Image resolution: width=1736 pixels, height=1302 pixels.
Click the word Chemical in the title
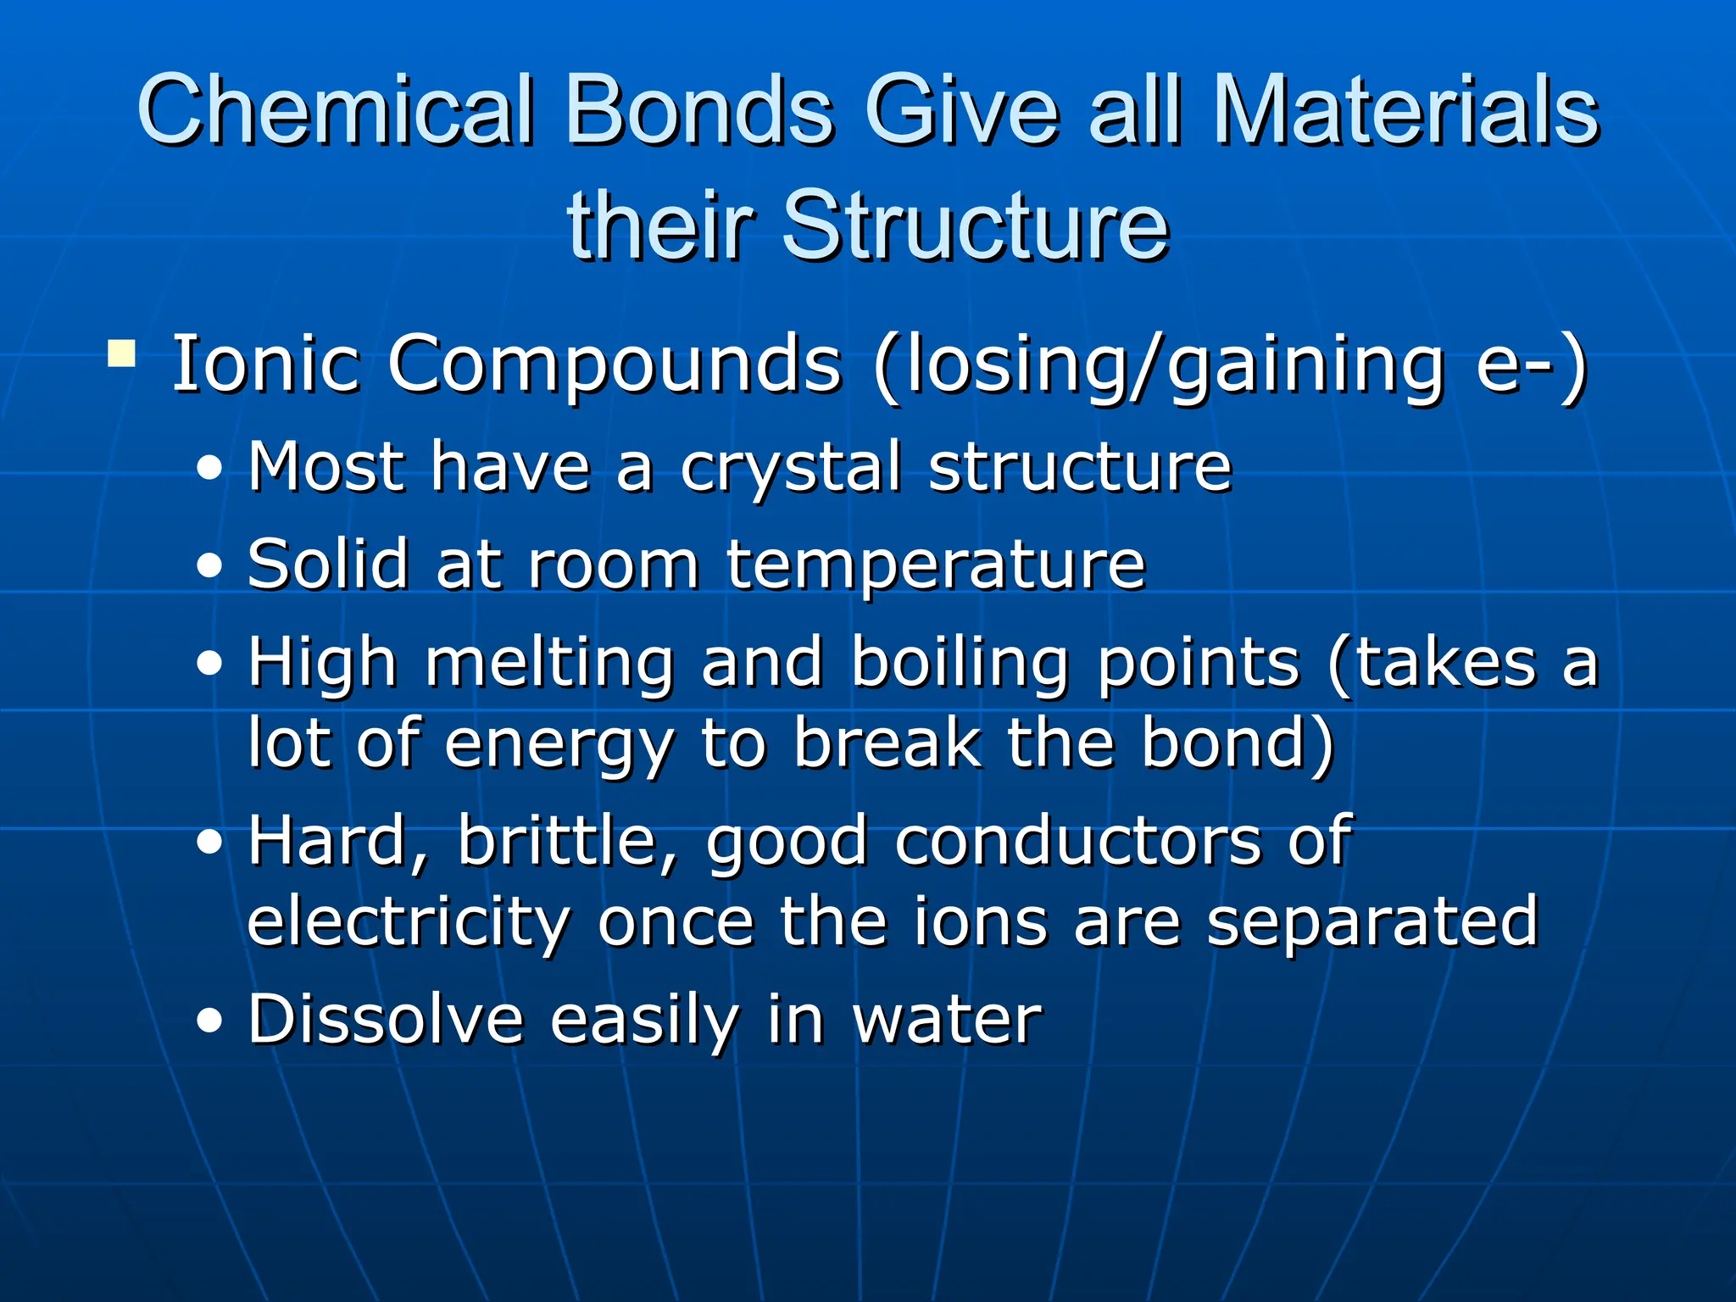[x=336, y=110]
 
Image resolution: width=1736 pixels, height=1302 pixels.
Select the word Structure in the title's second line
[x=975, y=225]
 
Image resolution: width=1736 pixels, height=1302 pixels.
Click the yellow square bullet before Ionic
[x=122, y=353]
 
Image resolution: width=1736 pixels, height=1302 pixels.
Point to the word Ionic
[x=265, y=364]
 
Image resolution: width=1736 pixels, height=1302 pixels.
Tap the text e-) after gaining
[x=1531, y=364]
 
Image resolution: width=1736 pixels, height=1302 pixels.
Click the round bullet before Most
[x=209, y=469]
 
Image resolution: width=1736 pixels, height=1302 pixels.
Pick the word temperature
[x=936, y=565]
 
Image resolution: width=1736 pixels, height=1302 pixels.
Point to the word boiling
[x=960, y=663]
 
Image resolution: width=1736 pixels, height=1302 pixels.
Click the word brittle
[x=567, y=841]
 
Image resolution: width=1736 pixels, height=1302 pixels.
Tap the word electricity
[x=409, y=922]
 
